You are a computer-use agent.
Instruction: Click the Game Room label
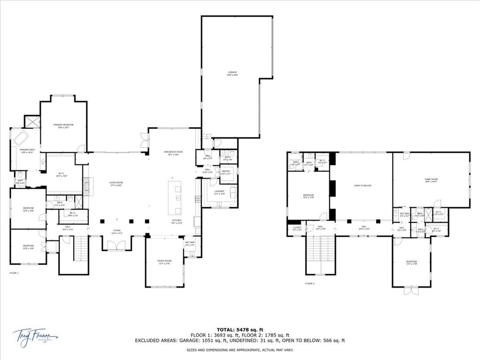(x=431, y=180)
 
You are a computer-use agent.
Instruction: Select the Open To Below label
(x=362, y=186)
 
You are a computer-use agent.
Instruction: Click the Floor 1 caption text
(x=14, y=273)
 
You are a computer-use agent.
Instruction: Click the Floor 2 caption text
(x=310, y=284)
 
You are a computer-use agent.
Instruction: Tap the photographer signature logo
(x=35, y=336)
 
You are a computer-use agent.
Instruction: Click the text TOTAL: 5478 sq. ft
(x=240, y=329)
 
